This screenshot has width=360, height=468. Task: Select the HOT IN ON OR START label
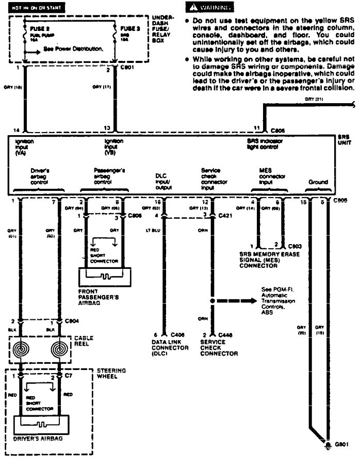point(32,9)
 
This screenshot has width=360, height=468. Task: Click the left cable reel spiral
point(21,349)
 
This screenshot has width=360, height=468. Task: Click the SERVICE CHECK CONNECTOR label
point(219,349)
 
